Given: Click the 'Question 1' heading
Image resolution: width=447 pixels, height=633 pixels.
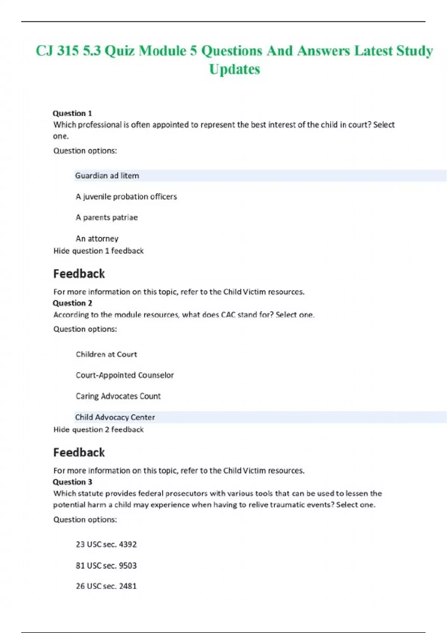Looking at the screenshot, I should (x=72, y=113).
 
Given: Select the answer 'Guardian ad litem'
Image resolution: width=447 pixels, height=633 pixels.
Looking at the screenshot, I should (x=107, y=176).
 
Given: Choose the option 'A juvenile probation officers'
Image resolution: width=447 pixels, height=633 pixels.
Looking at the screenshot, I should (x=126, y=197).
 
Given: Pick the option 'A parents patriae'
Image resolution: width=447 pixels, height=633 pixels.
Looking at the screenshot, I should (x=107, y=217).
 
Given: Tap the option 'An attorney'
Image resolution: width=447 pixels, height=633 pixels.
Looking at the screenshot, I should (x=97, y=239).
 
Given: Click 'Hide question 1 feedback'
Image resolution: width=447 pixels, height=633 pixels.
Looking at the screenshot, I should (x=98, y=251).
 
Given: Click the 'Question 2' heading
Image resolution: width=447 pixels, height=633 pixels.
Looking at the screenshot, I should (x=72, y=303).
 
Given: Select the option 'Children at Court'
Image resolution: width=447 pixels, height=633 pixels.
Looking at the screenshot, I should (x=106, y=354).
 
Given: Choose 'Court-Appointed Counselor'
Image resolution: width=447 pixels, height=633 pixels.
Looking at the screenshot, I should (x=125, y=375).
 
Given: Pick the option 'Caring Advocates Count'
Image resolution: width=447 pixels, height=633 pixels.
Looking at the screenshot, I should (x=118, y=396).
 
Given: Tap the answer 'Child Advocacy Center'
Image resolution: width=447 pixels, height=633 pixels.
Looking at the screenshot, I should (x=115, y=417).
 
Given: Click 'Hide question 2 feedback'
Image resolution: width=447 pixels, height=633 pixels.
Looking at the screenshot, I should (x=98, y=430).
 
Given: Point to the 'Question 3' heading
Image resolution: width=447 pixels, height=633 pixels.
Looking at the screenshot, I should (x=72, y=482).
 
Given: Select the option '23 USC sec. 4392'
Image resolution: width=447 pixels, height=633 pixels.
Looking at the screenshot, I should (x=106, y=544).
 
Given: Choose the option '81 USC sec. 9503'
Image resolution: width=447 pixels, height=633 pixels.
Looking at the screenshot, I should (x=106, y=566).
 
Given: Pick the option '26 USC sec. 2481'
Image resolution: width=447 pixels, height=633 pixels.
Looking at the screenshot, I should (x=106, y=586).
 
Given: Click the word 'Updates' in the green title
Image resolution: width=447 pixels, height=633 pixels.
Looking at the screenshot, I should (x=234, y=69).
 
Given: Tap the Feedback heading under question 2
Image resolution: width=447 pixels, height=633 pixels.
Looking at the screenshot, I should (x=79, y=452).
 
